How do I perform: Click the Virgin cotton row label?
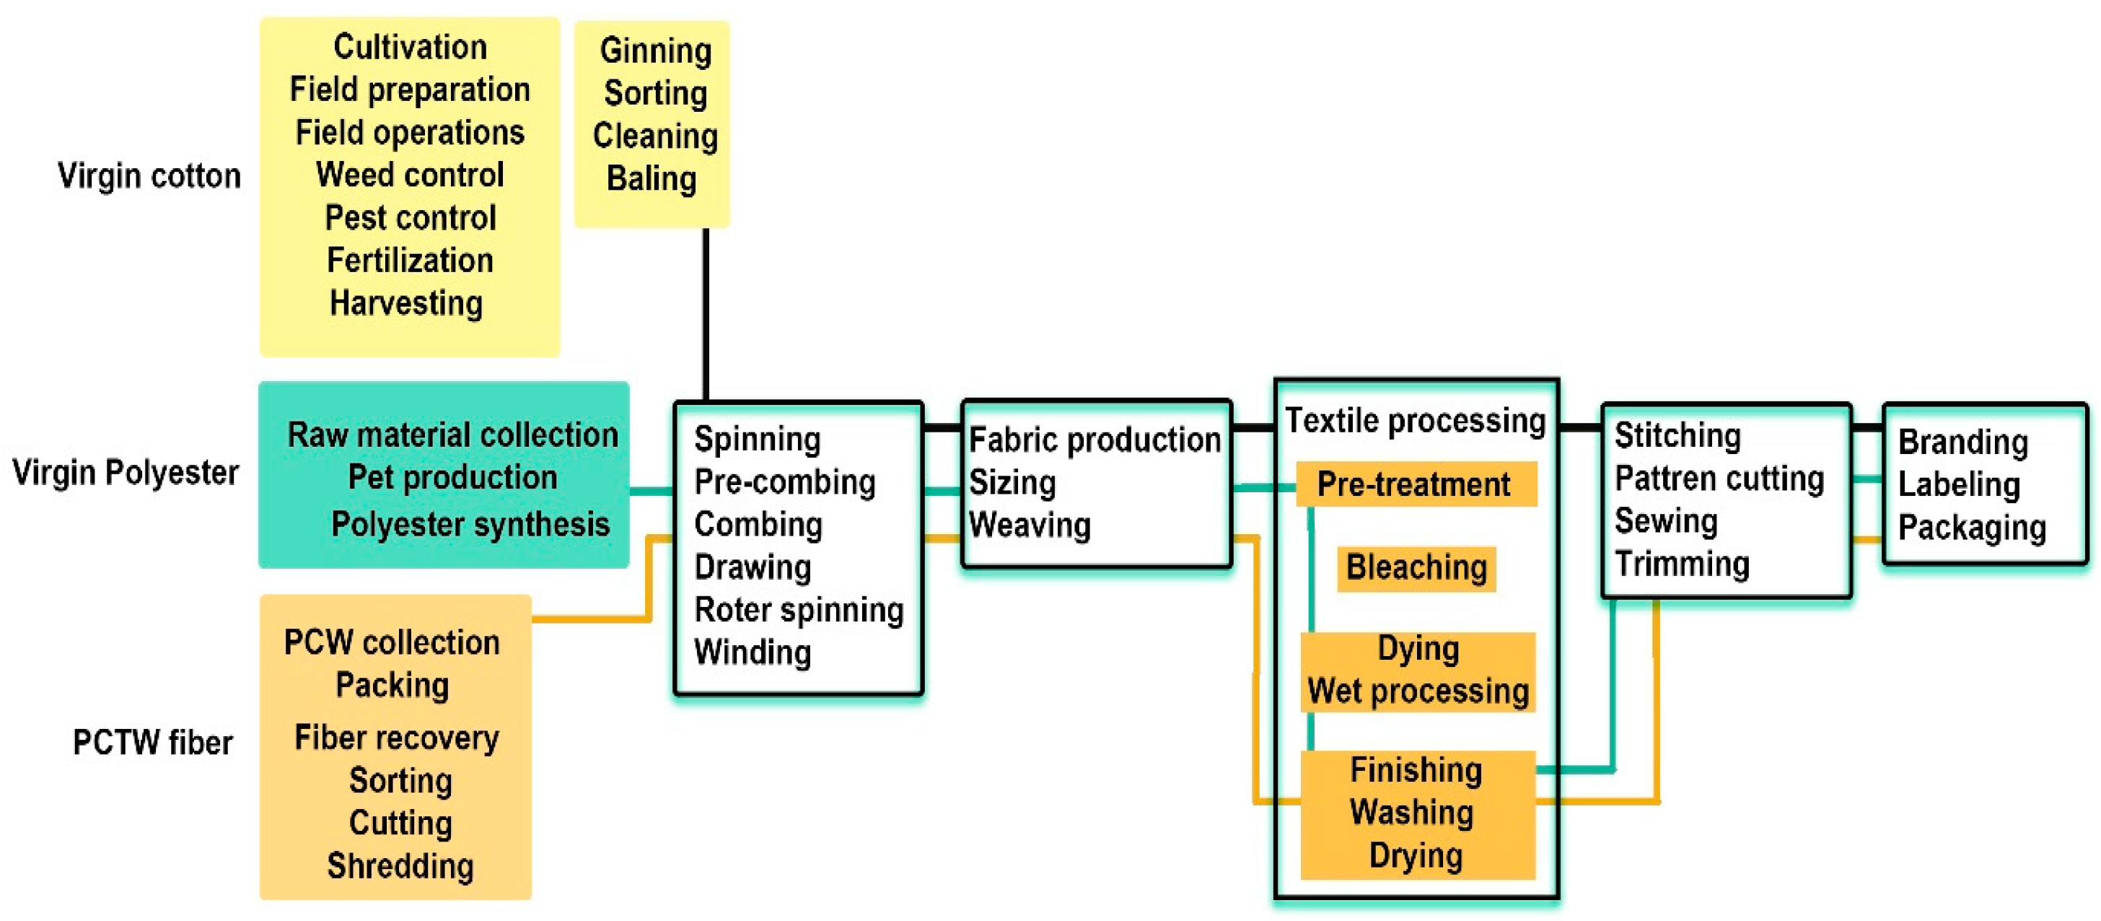149,176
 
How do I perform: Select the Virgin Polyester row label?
126,472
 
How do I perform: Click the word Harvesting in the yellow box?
406,303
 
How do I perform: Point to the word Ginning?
656,51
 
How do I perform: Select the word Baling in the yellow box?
652,179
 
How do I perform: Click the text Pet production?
452,477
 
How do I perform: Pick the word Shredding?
400,866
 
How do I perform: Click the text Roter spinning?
799,610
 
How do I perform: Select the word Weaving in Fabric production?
1030,525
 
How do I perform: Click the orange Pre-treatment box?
1415,484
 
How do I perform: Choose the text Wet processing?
1418,691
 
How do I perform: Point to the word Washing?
1412,813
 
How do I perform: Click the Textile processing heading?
1415,421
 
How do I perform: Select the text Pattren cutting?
1719,479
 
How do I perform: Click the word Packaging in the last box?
1971,528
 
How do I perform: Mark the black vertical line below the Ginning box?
706,314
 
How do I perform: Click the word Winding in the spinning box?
752,652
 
